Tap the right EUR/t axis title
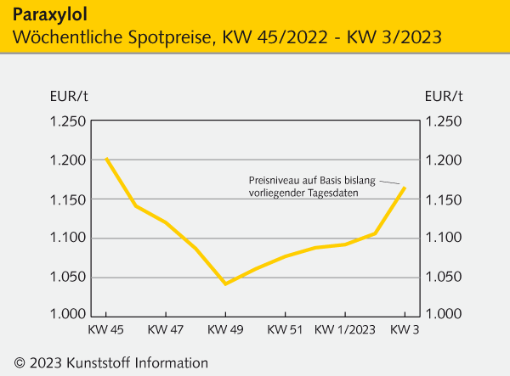(x=444, y=95)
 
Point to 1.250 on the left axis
(x=66, y=121)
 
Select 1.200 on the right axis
(x=444, y=160)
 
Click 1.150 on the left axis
(x=66, y=199)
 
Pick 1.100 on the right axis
(x=444, y=238)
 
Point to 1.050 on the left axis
(x=66, y=277)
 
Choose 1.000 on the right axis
(x=444, y=315)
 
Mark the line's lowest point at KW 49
(x=225, y=283)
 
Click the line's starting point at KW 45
(x=106, y=159)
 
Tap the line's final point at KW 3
(x=405, y=188)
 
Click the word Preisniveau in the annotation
(x=272, y=180)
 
